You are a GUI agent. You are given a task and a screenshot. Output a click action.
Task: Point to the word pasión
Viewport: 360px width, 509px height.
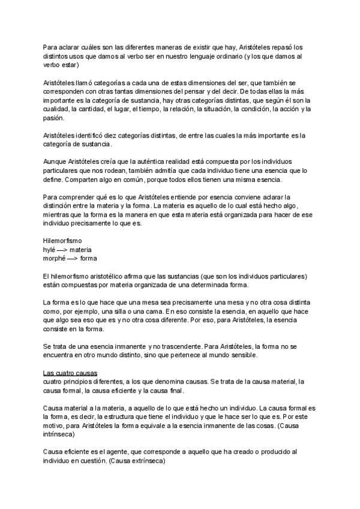54,118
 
